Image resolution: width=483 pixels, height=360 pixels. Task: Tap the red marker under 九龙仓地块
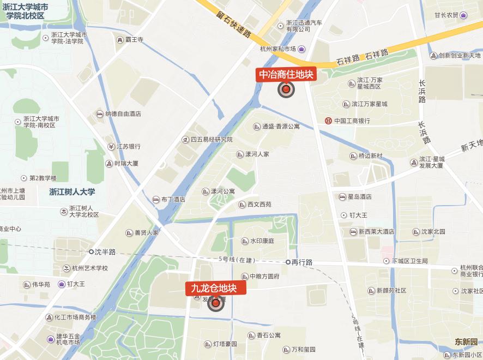pyautogui.click(x=216, y=303)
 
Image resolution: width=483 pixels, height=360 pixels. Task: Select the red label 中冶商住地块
pyautogui.click(x=286, y=74)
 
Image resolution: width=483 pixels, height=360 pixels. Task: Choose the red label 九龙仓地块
pyautogui.click(x=216, y=288)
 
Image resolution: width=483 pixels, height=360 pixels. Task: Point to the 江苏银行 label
pyautogui.click(x=128, y=147)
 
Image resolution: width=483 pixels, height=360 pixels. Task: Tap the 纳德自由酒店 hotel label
pyautogui.click(x=123, y=114)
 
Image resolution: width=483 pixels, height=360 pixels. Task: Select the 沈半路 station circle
pyautogui.click(x=92, y=251)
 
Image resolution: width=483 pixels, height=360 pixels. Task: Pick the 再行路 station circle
pyautogui.click(x=288, y=262)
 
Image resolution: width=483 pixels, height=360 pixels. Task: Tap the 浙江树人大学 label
pyautogui.click(x=72, y=191)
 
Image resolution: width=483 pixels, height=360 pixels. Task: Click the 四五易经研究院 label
pyautogui.click(x=212, y=140)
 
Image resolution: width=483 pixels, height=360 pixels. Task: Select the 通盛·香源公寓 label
pyautogui.click(x=280, y=127)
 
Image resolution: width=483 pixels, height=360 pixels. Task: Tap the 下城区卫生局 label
pyautogui.click(x=409, y=261)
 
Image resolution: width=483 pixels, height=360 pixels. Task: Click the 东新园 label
pyautogui.click(x=466, y=342)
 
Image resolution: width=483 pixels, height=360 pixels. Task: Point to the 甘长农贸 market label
pyautogui.click(x=446, y=15)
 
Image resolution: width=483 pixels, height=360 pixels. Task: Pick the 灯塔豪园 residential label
pyautogui.click(x=225, y=344)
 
